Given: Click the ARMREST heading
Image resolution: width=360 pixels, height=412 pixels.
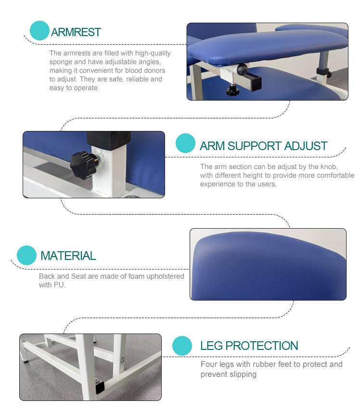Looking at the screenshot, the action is click(76, 32).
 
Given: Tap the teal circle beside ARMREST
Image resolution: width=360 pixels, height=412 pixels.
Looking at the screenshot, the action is click(39, 30).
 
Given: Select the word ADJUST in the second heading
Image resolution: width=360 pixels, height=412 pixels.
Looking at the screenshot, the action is click(306, 146).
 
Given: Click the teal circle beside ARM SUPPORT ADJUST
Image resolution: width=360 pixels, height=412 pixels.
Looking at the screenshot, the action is click(185, 143).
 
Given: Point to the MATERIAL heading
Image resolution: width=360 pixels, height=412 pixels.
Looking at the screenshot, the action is click(68, 256).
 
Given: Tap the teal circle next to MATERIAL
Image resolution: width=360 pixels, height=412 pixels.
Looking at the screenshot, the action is click(26, 256).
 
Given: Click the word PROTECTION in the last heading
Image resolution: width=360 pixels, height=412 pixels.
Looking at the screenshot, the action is click(262, 346).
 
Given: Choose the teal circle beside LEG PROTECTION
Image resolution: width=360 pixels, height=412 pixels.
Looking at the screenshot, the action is click(182, 346).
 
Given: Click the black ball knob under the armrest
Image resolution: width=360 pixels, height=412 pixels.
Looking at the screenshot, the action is click(242, 69).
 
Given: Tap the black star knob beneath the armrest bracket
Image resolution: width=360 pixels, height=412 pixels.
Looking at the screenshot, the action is click(232, 90).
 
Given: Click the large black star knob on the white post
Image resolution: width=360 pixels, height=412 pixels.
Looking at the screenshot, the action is click(82, 165).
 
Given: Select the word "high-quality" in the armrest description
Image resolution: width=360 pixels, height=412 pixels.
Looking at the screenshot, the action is click(153, 53).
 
